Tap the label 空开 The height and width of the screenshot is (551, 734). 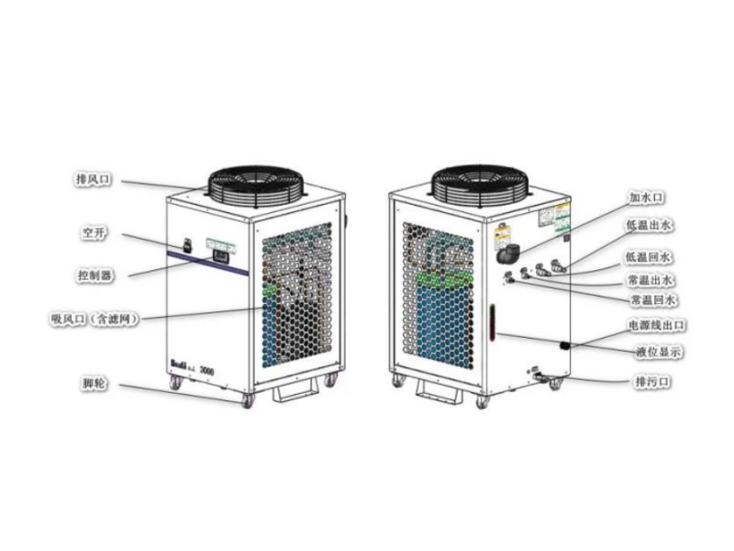tap(95, 233)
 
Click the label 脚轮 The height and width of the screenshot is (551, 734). tap(95, 381)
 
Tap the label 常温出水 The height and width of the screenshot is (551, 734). tap(651, 279)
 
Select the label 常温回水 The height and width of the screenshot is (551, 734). tap(652, 300)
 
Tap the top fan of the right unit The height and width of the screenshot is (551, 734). tap(482, 182)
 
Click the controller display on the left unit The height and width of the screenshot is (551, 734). tap(220, 257)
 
